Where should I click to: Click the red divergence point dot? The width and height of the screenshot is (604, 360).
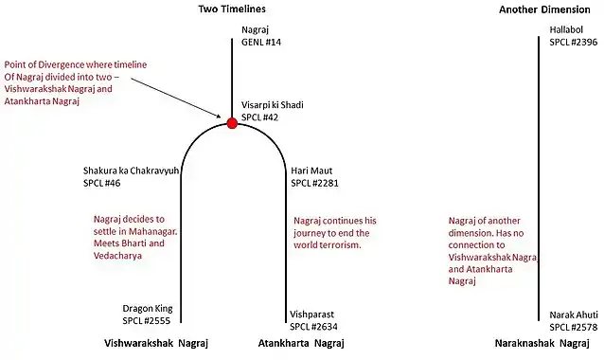tap(232, 122)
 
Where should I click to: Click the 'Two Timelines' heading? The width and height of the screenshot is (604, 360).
tap(232, 9)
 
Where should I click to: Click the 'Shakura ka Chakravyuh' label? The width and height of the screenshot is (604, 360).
tap(132, 171)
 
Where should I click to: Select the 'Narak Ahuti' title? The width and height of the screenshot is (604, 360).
tap(574, 314)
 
